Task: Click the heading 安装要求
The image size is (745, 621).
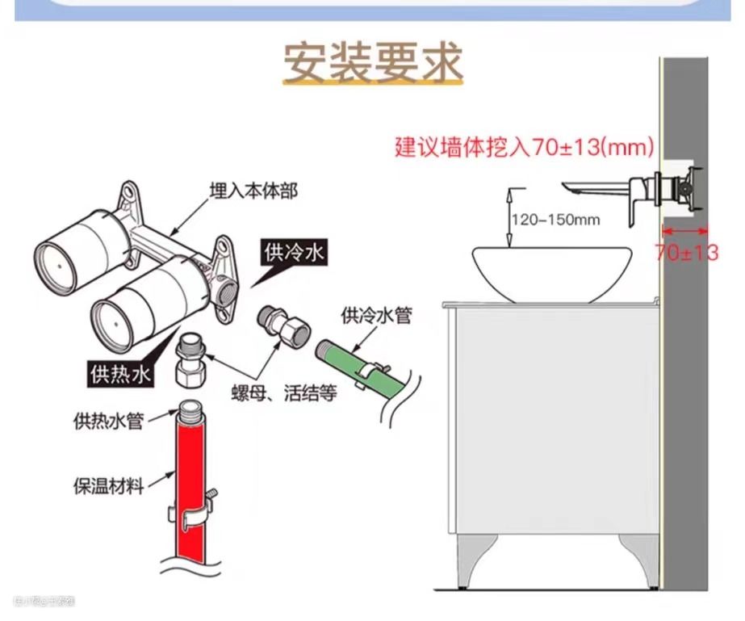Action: (372, 64)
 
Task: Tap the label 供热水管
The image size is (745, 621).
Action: (108, 421)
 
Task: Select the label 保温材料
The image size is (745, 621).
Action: (108, 487)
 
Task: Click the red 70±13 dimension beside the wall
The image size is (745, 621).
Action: (686, 252)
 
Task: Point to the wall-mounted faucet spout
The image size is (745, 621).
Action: (597, 190)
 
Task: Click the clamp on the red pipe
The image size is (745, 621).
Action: (192, 512)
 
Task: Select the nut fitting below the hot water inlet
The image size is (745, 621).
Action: (190, 360)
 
